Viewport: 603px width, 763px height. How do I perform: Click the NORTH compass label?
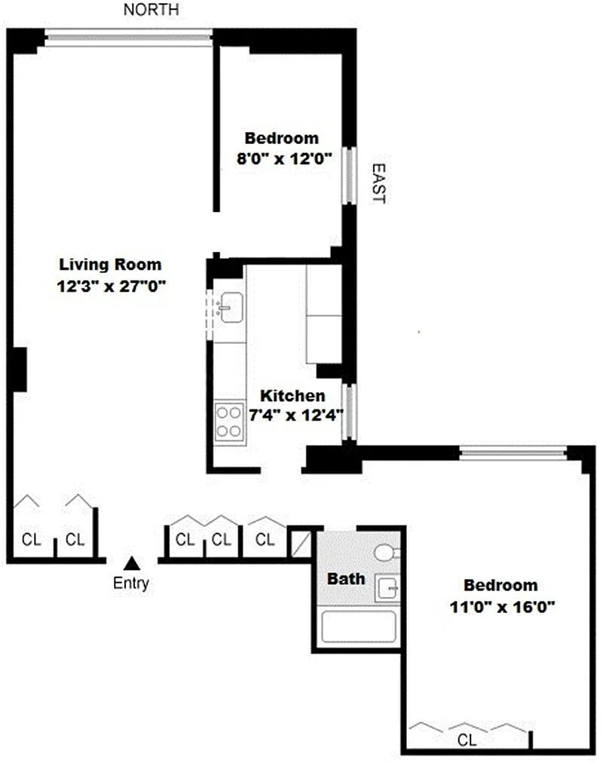tap(151, 9)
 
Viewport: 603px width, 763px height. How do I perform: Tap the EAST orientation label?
tap(379, 183)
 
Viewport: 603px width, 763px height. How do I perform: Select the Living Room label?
tap(110, 265)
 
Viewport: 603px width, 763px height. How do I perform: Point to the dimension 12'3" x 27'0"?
tap(112, 287)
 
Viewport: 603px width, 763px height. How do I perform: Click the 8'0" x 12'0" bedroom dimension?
tap(284, 158)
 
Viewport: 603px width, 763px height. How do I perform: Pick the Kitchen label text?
tap(292, 395)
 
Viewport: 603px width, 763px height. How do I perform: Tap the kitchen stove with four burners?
tap(230, 422)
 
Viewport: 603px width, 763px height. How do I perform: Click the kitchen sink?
tap(230, 307)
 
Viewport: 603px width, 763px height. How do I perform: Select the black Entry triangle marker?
tap(132, 563)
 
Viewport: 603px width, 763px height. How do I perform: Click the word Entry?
tap(131, 583)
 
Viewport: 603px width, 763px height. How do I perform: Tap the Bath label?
tap(346, 578)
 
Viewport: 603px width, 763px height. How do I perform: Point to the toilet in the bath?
tap(387, 553)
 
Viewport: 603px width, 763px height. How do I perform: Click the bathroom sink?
tap(387, 588)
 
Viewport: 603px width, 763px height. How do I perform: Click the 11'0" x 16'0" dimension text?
tap(502, 607)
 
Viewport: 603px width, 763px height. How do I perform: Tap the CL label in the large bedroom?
tap(467, 740)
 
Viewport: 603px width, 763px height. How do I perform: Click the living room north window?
tap(128, 38)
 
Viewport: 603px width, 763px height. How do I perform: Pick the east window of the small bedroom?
tap(349, 175)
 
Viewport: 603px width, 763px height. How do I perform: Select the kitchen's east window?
tap(349, 412)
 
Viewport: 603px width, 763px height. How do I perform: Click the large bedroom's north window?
tap(513, 453)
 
